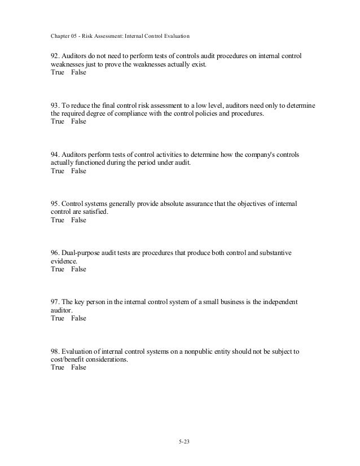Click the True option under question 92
tap(57, 73)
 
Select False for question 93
tap(78, 122)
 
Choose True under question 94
tap(57, 171)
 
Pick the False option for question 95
tap(78, 220)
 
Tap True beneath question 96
tap(57, 269)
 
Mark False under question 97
tap(78, 318)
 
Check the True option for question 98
tap(57, 367)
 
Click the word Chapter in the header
tap(60, 37)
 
